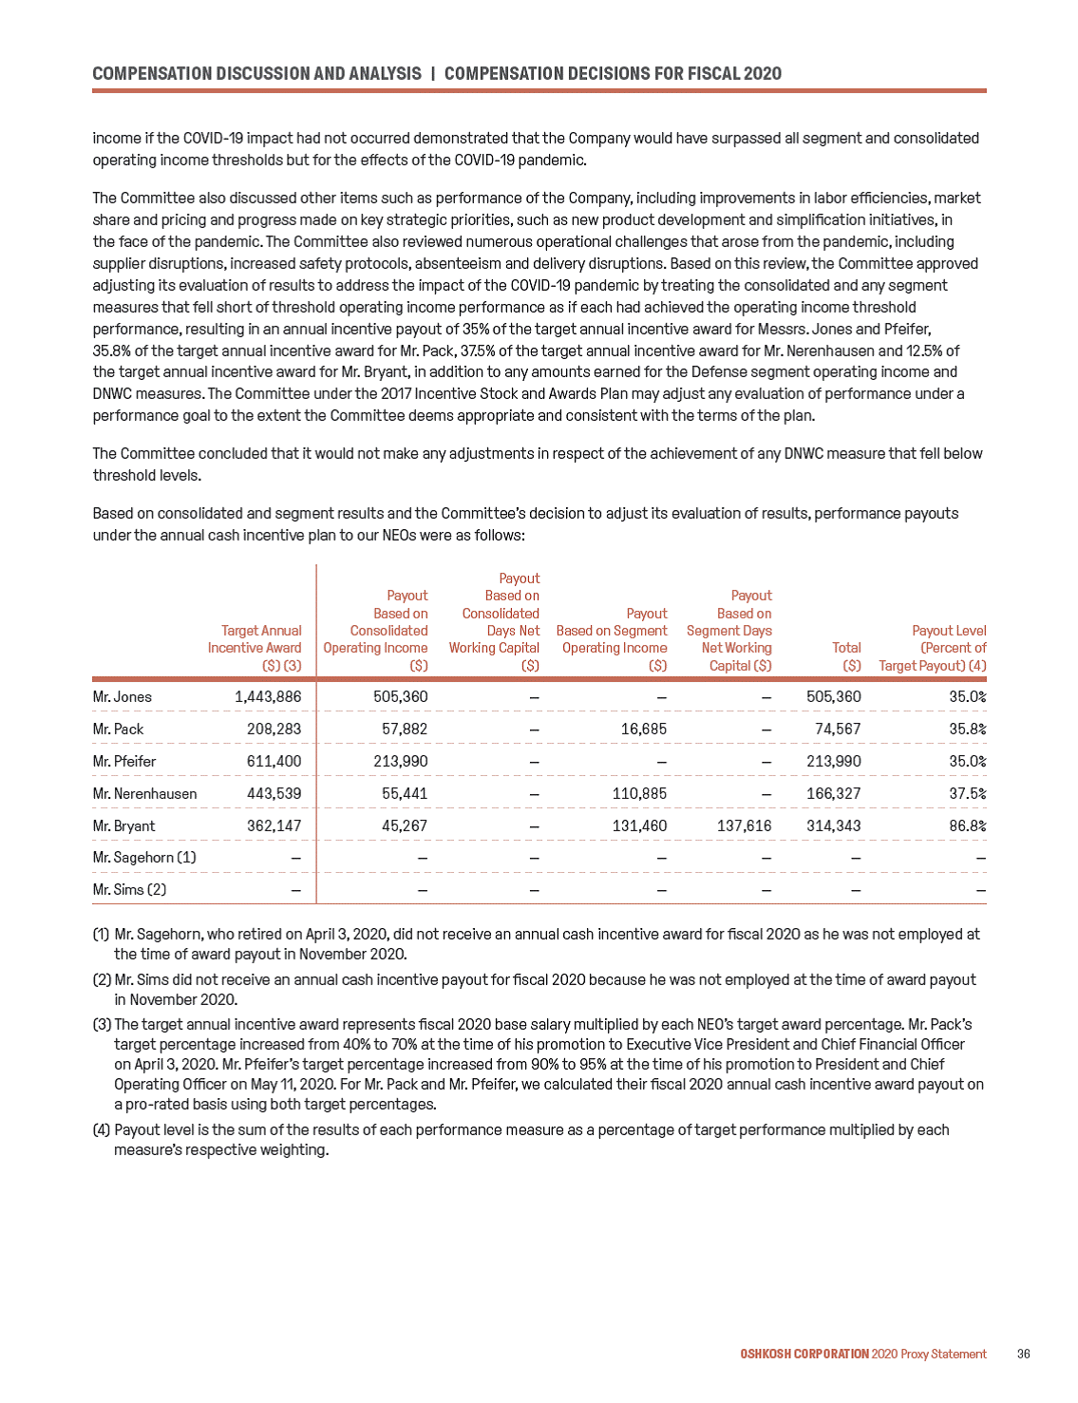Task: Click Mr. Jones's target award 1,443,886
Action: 268,696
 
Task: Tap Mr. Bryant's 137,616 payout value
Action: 744,825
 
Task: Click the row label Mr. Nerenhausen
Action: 144,793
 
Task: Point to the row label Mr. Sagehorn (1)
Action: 144,857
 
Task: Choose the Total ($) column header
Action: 846,655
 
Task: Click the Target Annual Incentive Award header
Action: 255,647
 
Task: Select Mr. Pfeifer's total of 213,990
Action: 833,761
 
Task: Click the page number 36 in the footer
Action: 1023,1354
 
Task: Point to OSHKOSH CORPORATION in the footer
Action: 804,1354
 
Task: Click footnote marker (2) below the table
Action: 102,979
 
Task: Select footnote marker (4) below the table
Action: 102,1129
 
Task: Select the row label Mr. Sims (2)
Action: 129,889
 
